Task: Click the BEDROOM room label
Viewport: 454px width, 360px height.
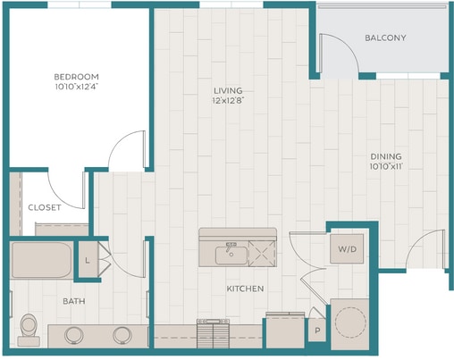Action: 76,77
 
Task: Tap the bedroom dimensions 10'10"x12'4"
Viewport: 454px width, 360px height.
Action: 77,87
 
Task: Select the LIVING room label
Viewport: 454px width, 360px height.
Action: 228,90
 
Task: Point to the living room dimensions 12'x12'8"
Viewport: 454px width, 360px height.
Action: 228,101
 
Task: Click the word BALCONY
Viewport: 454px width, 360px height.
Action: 385,38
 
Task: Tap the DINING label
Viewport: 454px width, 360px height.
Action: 386,156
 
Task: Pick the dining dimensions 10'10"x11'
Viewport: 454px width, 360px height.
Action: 386,166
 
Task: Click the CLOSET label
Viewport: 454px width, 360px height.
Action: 45,207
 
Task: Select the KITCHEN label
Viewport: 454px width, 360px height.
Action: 245,289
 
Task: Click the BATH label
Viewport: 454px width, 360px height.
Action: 74,301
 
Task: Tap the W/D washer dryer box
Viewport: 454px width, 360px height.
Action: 347,249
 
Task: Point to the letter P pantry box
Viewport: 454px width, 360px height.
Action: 317,331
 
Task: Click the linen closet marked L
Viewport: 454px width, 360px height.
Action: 88,259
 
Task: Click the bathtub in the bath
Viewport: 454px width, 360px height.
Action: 41,261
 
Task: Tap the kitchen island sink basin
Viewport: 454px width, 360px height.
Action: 231,255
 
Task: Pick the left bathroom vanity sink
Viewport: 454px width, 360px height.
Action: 74,335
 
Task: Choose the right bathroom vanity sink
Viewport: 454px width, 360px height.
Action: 122,335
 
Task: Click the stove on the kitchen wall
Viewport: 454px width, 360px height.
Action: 213,333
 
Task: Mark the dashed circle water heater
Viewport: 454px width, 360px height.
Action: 350,322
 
